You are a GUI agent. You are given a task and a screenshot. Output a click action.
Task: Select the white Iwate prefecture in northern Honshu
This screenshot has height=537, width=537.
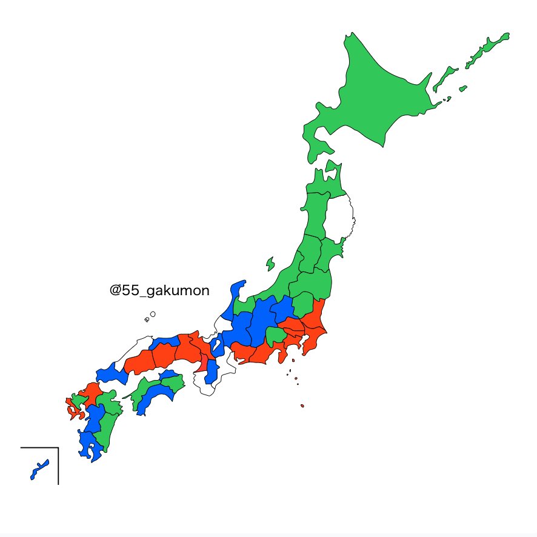(x=339, y=218)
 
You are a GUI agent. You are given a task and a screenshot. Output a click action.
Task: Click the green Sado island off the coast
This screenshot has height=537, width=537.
(x=270, y=264)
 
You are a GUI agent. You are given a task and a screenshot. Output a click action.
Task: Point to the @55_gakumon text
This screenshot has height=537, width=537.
(x=159, y=291)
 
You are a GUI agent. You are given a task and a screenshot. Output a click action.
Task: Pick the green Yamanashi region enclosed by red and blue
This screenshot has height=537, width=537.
(x=276, y=335)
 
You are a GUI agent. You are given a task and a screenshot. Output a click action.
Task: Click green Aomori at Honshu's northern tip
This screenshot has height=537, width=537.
(x=321, y=182)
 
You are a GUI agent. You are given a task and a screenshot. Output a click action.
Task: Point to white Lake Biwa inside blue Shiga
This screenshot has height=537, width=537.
(x=218, y=345)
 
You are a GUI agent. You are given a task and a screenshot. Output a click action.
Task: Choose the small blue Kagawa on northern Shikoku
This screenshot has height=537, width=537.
(x=169, y=378)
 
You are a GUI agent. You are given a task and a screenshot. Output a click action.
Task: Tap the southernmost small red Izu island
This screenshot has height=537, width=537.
(x=302, y=406)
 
